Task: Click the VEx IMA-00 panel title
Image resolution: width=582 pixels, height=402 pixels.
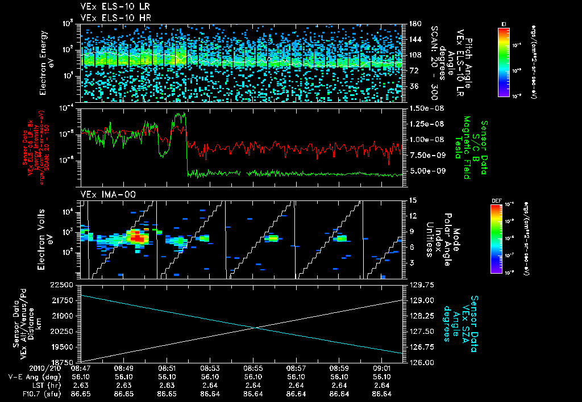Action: click(x=103, y=194)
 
